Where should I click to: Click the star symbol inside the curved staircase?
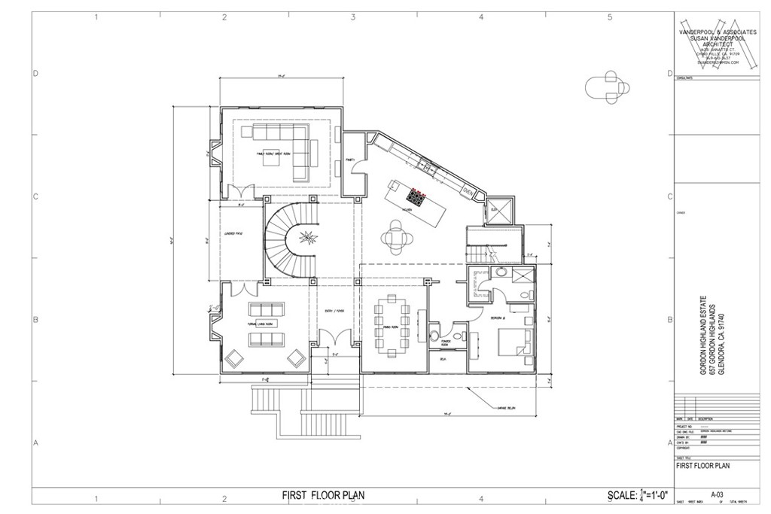(307, 239)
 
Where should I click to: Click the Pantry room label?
(350, 160)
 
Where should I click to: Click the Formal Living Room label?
(259, 323)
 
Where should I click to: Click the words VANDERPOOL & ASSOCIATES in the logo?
(707, 33)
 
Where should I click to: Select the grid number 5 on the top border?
(609, 17)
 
